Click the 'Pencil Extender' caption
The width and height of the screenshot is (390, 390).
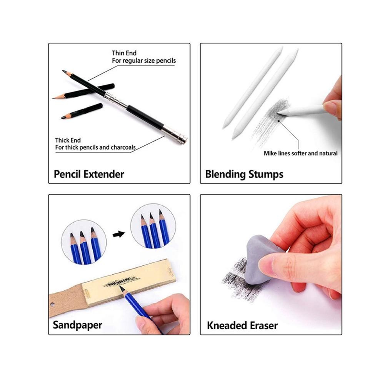tap(89, 174)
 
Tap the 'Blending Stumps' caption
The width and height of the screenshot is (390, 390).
tap(244, 174)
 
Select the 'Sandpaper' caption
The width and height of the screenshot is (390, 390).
tap(77, 325)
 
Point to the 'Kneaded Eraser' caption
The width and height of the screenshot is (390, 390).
tap(242, 326)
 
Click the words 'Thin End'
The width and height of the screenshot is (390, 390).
tap(124, 53)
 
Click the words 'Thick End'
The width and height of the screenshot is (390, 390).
tap(68, 140)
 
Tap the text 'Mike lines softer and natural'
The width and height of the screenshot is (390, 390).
tap(300, 153)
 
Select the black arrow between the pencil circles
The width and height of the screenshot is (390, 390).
tap(119, 234)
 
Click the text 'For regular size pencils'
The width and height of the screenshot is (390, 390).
tap(143, 61)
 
